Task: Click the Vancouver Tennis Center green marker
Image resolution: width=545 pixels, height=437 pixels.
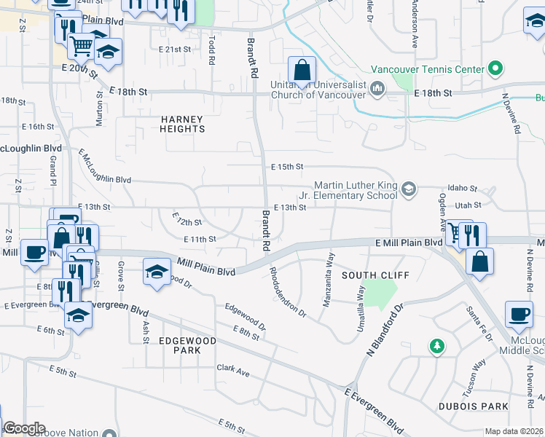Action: [x=495, y=69]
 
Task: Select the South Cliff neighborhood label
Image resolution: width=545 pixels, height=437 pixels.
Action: [x=376, y=275]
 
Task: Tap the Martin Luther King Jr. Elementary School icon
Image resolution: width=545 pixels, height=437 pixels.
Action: [x=408, y=190]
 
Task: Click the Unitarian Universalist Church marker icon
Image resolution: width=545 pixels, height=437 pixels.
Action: [x=377, y=90]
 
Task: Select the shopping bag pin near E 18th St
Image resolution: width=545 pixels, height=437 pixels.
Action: [x=302, y=71]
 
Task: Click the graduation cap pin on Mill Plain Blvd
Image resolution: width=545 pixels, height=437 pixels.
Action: [x=156, y=272]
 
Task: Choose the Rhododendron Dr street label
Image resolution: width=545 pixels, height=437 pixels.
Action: [x=288, y=292]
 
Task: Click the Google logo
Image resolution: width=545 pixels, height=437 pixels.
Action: [x=24, y=428]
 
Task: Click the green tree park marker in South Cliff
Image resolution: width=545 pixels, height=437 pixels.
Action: [x=436, y=346]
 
